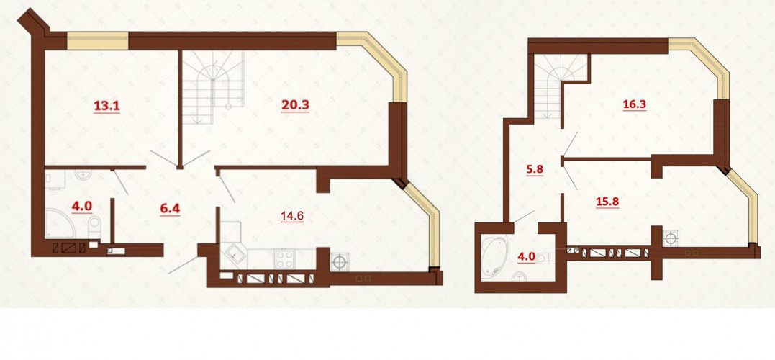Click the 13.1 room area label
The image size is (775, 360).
point(107,105)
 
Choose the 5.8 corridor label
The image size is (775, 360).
point(534,168)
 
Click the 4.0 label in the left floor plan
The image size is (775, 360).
point(82,206)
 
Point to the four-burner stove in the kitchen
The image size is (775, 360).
point(285,258)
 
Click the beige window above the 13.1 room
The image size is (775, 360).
point(98,41)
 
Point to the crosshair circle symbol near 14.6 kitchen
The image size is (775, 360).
point(340,261)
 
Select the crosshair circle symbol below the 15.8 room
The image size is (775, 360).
point(670,238)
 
